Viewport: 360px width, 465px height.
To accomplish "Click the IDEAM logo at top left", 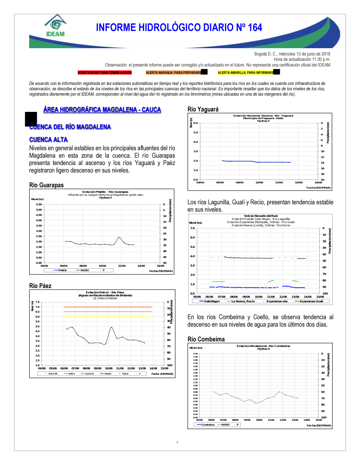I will [55, 26].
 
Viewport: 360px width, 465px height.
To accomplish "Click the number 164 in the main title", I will [255, 28].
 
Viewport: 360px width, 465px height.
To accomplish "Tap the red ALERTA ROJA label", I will [105, 73].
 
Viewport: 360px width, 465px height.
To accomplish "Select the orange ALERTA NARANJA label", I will [174, 73].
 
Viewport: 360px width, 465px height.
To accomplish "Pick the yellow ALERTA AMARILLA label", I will [246, 73].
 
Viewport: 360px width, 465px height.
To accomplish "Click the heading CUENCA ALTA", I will [49, 140].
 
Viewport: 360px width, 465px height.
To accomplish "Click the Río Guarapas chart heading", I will [46, 185].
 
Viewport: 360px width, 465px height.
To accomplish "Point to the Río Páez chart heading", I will [40, 286].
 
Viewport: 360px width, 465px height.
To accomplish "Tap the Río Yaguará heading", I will [203, 109].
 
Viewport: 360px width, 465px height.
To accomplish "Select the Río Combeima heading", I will [206, 339].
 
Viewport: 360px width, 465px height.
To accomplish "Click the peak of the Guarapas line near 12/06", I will [119, 237].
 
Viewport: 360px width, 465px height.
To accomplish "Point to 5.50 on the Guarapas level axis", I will [39, 204].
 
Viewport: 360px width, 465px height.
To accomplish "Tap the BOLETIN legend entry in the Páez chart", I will [53, 374].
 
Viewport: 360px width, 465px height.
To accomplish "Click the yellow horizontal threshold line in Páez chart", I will [108, 317].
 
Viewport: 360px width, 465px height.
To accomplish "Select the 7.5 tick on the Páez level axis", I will [37, 302].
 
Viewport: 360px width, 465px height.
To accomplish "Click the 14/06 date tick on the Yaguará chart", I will [299, 182].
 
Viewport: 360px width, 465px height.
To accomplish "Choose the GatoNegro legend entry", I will [212, 301].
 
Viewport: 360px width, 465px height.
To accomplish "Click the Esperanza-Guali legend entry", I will [311, 301].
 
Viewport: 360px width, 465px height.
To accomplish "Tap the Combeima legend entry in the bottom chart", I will [208, 425].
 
